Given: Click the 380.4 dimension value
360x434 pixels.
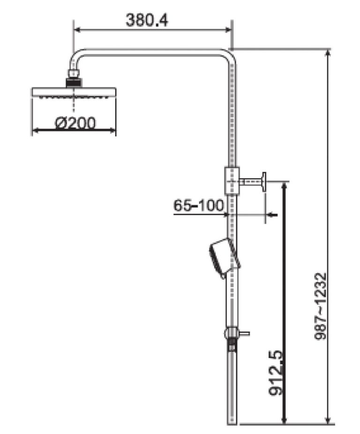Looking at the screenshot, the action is [147, 20].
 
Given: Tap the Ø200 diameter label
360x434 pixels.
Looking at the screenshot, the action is [75, 123].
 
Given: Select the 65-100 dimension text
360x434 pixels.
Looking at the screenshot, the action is [198, 205].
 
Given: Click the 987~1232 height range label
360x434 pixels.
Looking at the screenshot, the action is [321, 307].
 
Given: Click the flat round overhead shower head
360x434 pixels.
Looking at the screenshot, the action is [74, 92].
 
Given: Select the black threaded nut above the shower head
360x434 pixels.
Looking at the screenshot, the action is [74, 83].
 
